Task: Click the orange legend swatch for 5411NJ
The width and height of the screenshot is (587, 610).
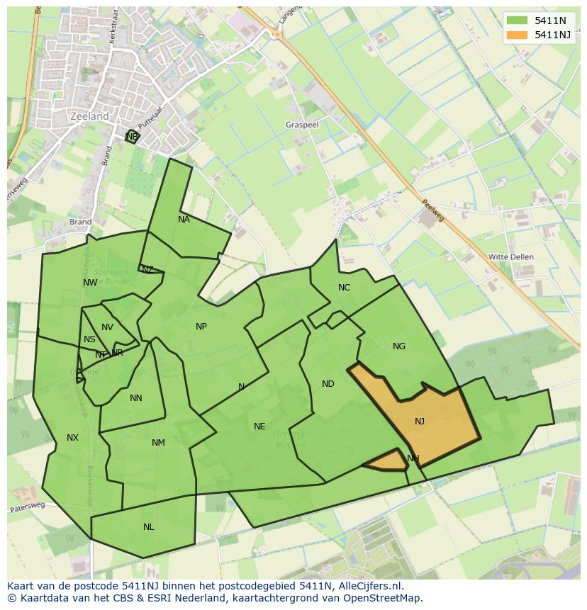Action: click(518, 35)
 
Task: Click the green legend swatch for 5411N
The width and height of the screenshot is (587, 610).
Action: click(518, 21)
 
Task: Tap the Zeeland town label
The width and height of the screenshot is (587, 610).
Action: click(90, 116)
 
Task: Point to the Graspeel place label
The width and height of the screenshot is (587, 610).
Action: click(303, 124)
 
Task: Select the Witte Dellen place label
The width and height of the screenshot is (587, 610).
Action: click(511, 256)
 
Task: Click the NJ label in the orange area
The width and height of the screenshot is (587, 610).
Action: click(420, 422)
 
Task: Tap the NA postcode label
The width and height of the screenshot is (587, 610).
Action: click(184, 220)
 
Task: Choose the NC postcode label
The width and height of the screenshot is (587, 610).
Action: click(344, 288)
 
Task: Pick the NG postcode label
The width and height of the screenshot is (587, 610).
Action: click(399, 346)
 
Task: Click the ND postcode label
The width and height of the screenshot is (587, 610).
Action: click(328, 384)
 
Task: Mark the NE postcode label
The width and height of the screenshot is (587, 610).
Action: click(259, 427)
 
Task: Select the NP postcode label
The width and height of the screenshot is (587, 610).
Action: click(201, 327)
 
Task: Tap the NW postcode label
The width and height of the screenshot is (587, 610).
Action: click(90, 283)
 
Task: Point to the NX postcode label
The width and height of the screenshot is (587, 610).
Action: click(72, 438)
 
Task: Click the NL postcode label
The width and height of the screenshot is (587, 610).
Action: click(148, 527)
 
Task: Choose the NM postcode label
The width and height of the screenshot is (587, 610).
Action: click(158, 443)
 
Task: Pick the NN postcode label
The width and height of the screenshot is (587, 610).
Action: click(136, 398)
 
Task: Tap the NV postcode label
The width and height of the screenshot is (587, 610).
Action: click(107, 327)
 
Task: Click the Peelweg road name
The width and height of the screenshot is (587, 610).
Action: click(432, 209)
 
